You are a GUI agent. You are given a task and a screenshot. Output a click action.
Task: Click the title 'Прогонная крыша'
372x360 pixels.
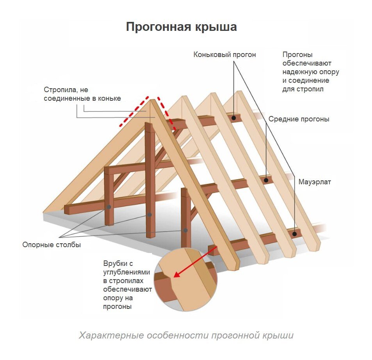[x=181, y=27]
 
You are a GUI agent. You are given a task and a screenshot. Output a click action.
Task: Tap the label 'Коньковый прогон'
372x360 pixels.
[x=224, y=55]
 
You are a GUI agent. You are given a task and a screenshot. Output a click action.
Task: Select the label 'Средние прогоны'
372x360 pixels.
[x=299, y=119]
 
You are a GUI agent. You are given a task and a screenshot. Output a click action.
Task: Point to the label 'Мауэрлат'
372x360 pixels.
[x=315, y=182]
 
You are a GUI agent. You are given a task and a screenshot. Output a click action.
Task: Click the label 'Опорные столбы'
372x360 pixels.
[x=52, y=245]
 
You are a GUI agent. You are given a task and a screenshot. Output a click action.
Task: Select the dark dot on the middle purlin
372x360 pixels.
[x=266, y=180]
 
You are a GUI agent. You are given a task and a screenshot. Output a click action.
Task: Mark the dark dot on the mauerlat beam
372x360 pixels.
[x=295, y=234]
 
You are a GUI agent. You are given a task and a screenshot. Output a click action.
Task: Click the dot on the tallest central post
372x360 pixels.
[x=149, y=215]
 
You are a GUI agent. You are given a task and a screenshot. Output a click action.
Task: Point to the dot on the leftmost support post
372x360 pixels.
[x=109, y=207]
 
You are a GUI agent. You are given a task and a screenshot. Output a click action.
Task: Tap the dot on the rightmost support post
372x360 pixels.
[x=185, y=230]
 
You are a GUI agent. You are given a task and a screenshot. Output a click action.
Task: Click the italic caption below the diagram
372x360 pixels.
[x=186, y=335]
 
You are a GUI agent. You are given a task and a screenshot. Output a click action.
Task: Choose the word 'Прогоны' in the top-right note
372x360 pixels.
[x=297, y=55]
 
